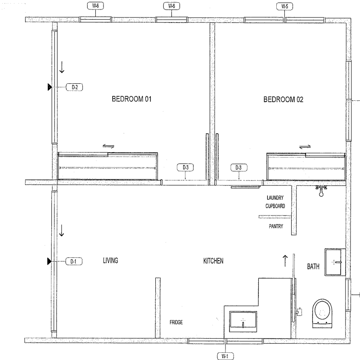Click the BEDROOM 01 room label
(x=131, y=99)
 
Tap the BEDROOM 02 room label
(x=283, y=99)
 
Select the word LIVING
(x=110, y=261)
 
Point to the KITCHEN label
(x=213, y=261)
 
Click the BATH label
(x=313, y=266)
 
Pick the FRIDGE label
(x=176, y=322)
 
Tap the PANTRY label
(x=276, y=226)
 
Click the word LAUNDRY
(x=275, y=198)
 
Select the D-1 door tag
(x=74, y=261)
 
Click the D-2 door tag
(x=74, y=87)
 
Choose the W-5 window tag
(x=285, y=6)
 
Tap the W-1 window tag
(x=225, y=356)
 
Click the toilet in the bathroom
(x=322, y=313)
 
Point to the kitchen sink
(x=243, y=321)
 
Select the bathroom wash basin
(x=335, y=262)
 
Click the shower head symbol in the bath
(x=321, y=191)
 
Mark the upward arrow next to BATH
(x=285, y=261)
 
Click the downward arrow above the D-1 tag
(x=62, y=230)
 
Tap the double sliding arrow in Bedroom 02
(x=305, y=147)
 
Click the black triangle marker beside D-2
(x=49, y=87)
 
